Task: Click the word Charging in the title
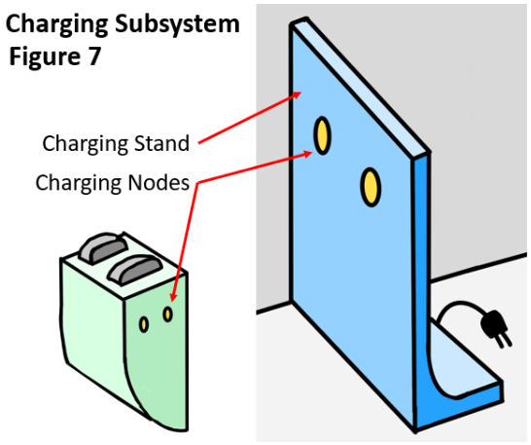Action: coord(56,25)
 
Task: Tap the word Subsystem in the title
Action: coord(177,23)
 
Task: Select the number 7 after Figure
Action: coord(94,56)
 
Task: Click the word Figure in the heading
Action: coord(45,56)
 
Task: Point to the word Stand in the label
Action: coord(161,143)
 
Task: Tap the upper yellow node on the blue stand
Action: coord(322,135)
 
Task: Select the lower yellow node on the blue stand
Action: coord(371,187)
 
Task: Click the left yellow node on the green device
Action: coord(144,324)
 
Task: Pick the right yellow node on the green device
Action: coord(167,315)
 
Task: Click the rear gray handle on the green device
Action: coord(103,248)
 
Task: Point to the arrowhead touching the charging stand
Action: coord(297,95)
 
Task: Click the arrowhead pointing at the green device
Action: coord(173,296)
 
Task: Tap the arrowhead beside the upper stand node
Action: coord(307,154)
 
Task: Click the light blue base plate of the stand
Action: coord(464,366)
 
